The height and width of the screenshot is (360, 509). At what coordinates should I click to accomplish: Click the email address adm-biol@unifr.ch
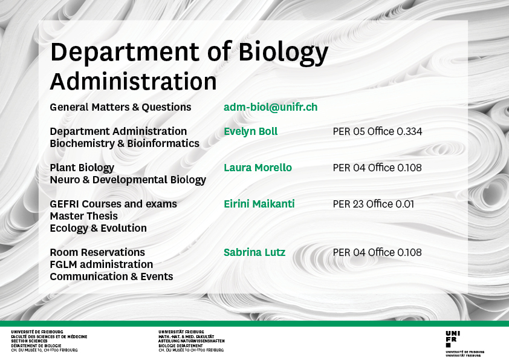(270, 107)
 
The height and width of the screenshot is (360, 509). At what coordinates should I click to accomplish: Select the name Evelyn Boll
(251, 131)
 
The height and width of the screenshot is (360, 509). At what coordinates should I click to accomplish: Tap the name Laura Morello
(258, 168)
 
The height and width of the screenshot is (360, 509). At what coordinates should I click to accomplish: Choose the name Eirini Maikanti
(259, 204)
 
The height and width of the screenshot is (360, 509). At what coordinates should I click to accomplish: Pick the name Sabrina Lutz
(254, 252)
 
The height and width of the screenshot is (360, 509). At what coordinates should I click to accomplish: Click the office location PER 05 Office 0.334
(377, 131)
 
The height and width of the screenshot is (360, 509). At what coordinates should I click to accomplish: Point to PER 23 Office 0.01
(374, 204)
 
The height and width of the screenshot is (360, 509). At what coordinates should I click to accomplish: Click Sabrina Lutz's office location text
(377, 252)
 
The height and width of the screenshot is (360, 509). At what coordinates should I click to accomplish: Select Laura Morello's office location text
(377, 168)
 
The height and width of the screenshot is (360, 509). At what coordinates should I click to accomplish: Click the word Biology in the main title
(284, 53)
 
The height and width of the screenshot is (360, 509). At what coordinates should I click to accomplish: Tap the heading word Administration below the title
(133, 81)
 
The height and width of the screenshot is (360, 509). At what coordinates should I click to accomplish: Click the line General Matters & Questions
(120, 107)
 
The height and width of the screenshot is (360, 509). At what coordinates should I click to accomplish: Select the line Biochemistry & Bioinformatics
(125, 143)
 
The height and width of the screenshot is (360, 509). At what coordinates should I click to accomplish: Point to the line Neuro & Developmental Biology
(128, 180)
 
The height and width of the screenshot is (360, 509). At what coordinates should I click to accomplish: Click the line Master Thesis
(84, 216)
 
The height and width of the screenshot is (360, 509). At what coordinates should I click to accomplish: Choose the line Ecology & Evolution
(99, 229)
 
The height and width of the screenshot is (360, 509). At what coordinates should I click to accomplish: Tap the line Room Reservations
(97, 252)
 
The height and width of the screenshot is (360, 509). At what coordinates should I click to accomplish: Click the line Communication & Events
(111, 277)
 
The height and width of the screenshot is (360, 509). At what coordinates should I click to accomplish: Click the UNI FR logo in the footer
(453, 339)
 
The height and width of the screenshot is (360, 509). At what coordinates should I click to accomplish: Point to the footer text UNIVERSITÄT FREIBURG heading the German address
(181, 332)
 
